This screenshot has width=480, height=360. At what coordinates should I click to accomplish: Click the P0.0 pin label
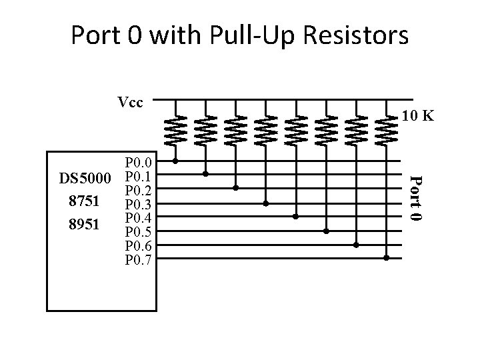(139, 163)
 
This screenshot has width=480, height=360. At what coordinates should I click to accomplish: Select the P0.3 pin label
(139, 204)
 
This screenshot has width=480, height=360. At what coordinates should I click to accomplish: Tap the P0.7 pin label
(139, 259)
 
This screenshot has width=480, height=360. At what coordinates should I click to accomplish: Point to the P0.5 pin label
(139, 232)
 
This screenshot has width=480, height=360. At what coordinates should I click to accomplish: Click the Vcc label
(129, 103)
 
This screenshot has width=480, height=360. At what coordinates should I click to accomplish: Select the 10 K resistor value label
(418, 117)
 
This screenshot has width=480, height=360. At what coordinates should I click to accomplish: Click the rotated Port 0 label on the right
(415, 198)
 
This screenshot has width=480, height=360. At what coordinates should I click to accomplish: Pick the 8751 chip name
(83, 201)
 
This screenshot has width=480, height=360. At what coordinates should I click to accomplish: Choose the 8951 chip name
(83, 225)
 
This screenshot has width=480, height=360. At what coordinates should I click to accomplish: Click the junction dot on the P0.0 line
(175, 161)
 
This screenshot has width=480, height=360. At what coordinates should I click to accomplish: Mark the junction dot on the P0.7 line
(386, 258)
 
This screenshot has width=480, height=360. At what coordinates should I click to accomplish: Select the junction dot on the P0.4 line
(296, 217)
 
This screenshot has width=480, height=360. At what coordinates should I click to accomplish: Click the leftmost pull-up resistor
(175, 129)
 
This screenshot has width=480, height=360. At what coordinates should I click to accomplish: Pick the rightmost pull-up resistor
(386, 129)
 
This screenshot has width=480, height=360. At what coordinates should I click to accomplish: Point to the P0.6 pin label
(139, 246)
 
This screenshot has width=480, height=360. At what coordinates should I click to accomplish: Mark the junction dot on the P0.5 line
(326, 231)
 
